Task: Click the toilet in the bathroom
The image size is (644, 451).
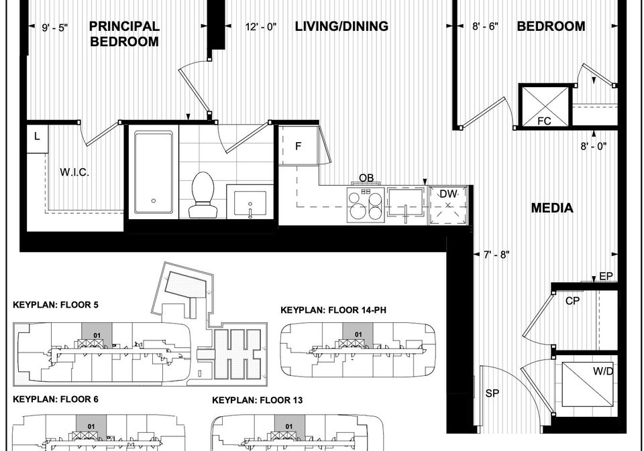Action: pyautogui.click(x=202, y=194)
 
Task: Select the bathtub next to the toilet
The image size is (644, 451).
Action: pyautogui.click(x=154, y=172)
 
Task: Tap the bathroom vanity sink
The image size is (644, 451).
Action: pyautogui.click(x=250, y=204)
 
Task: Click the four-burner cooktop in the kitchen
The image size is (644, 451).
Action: pyautogui.click(x=365, y=205)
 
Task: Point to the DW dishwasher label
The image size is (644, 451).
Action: pyautogui.click(x=448, y=194)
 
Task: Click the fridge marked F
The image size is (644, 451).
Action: pyautogui.click(x=299, y=145)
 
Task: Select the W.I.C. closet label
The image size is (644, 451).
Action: pyautogui.click(x=74, y=172)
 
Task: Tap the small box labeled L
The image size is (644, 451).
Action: pyautogui.click(x=38, y=139)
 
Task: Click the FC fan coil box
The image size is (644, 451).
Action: pyautogui.click(x=545, y=106)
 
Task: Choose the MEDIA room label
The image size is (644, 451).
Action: pyautogui.click(x=552, y=208)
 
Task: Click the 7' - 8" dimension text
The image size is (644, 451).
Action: pyautogui.click(x=496, y=255)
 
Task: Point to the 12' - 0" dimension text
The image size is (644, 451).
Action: pyautogui.click(x=261, y=27)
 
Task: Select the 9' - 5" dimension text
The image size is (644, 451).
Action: pyautogui.click(x=55, y=28)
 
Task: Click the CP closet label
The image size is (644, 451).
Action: pyautogui.click(x=572, y=301)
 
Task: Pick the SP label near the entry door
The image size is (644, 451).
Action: pyautogui.click(x=492, y=393)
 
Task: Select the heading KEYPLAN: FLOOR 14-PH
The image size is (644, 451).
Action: pyautogui.click(x=333, y=310)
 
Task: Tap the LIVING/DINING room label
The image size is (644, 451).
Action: pyautogui.click(x=341, y=26)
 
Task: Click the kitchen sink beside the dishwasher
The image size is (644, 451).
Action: pyautogui.click(x=406, y=204)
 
